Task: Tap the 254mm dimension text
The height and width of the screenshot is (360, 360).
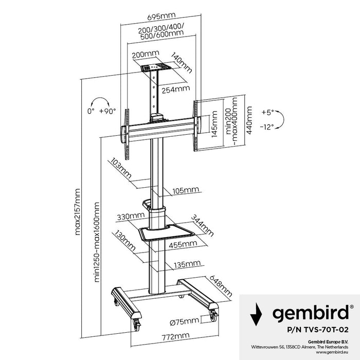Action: [x=174, y=89]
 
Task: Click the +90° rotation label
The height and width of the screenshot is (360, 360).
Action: [x=108, y=111]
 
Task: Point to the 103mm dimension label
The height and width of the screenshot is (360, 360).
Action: [x=120, y=168]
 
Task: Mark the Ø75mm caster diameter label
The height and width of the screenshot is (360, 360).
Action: [x=184, y=321]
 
